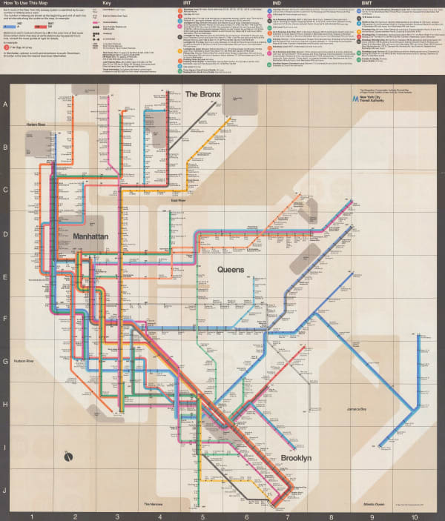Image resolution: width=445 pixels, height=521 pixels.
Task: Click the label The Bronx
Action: tap(203, 94)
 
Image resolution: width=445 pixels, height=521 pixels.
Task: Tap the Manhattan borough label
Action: tap(91, 236)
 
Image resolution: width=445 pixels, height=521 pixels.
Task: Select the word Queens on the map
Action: tap(231, 271)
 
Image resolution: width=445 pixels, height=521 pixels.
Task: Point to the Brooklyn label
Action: tap(296, 459)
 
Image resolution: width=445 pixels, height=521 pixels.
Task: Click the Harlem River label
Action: tap(37, 124)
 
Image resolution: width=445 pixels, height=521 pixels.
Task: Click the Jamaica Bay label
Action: tap(357, 408)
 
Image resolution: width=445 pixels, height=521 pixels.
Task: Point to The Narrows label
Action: tap(154, 505)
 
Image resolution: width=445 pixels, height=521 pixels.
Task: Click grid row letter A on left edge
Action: tap(6, 105)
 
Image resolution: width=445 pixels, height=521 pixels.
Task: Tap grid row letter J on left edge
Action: tap(6, 491)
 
